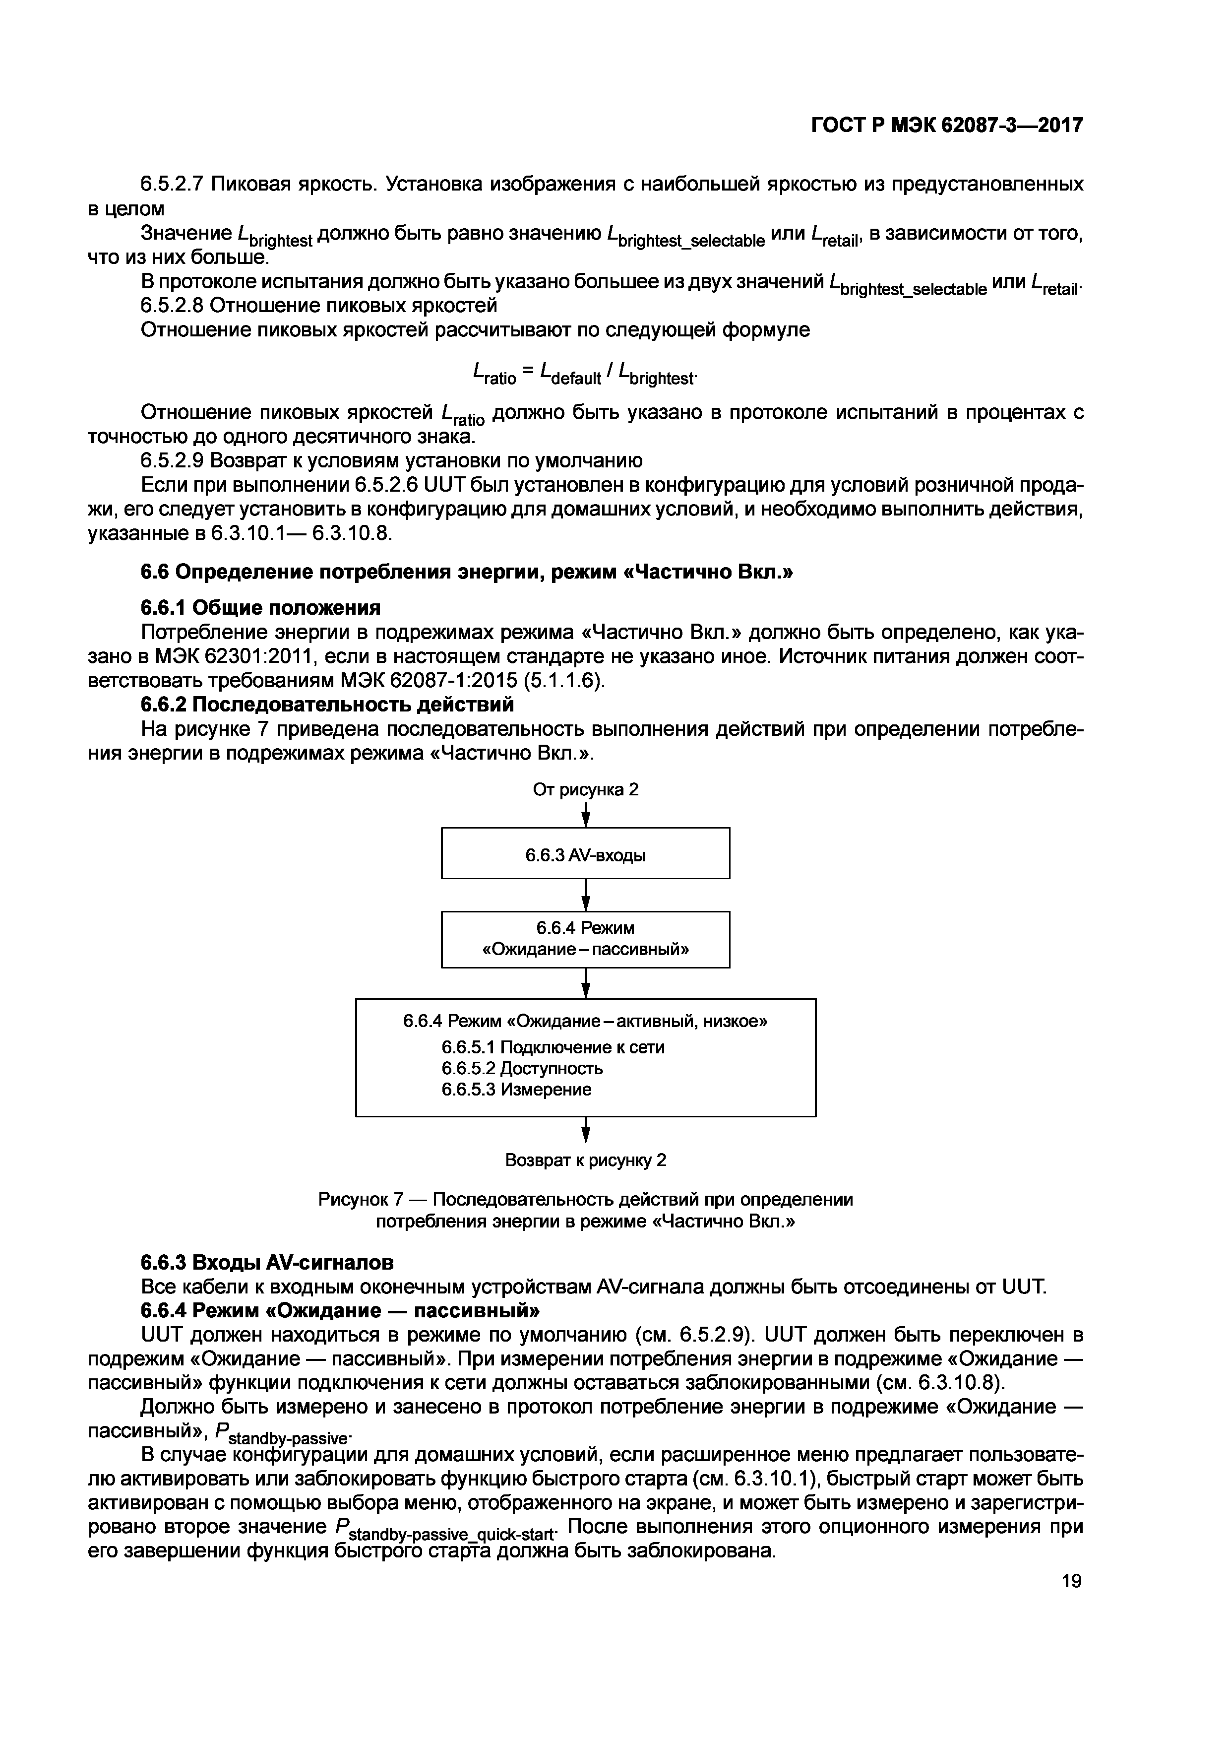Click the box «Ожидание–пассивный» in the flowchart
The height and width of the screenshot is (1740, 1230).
pos(585,939)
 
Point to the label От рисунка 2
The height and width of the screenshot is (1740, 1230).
pos(585,790)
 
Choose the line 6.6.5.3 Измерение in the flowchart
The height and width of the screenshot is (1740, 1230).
pos(516,1090)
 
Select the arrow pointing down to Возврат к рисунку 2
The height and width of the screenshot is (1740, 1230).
pos(585,1131)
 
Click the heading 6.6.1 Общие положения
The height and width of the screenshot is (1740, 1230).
pos(260,608)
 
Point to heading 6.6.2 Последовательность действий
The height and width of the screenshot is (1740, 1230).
pos(327,705)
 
